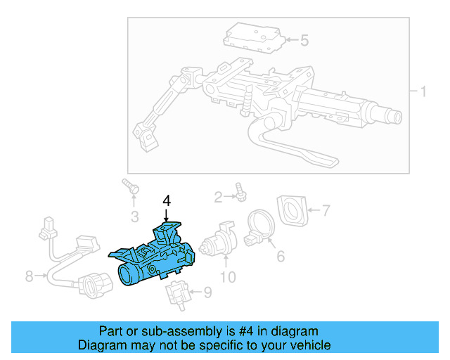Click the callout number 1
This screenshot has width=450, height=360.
[x=423, y=92]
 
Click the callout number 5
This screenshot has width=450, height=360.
[x=304, y=40]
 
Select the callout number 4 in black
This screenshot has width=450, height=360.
[x=167, y=201]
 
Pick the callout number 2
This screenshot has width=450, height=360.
[x=219, y=195]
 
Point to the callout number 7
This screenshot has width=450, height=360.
[x=326, y=210]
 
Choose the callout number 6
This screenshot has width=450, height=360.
[x=281, y=257]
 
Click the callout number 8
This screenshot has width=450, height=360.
[x=29, y=276]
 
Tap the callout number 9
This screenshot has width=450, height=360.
[x=207, y=292]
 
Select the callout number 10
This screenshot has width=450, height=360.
[x=228, y=277]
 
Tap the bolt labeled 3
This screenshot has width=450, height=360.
[x=131, y=187]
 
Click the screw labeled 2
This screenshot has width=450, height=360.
[x=240, y=191]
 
